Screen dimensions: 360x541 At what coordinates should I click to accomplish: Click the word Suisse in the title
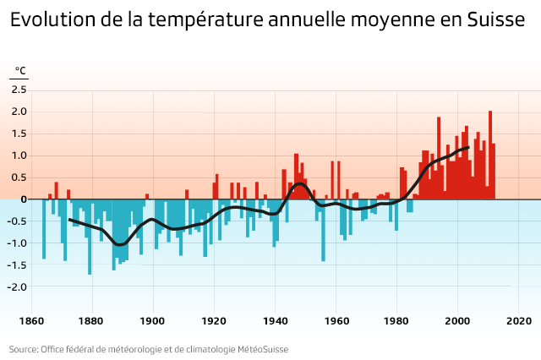[496, 21]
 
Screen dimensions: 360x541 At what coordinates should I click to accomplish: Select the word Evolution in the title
[52, 21]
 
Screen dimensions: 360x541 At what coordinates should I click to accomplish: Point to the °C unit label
[21, 71]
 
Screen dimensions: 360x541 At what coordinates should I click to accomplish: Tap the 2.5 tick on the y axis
[19, 90]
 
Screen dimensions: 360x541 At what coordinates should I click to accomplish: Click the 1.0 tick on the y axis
[19, 155]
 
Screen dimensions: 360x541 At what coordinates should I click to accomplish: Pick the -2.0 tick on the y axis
[18, 286]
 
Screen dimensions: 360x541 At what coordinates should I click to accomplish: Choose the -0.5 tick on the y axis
[18, 221]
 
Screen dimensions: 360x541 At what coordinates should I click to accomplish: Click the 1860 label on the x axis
[31, 321]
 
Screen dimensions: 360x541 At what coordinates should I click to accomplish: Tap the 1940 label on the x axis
[275, 321]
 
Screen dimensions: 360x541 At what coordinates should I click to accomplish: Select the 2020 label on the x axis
[518, 321]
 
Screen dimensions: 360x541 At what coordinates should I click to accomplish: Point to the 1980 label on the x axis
[396, 321]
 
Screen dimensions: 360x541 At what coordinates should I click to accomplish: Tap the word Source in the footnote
[23, 348]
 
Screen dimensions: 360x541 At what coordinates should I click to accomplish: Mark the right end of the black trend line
[468, 148]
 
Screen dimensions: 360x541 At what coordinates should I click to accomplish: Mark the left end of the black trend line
[69, 219]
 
